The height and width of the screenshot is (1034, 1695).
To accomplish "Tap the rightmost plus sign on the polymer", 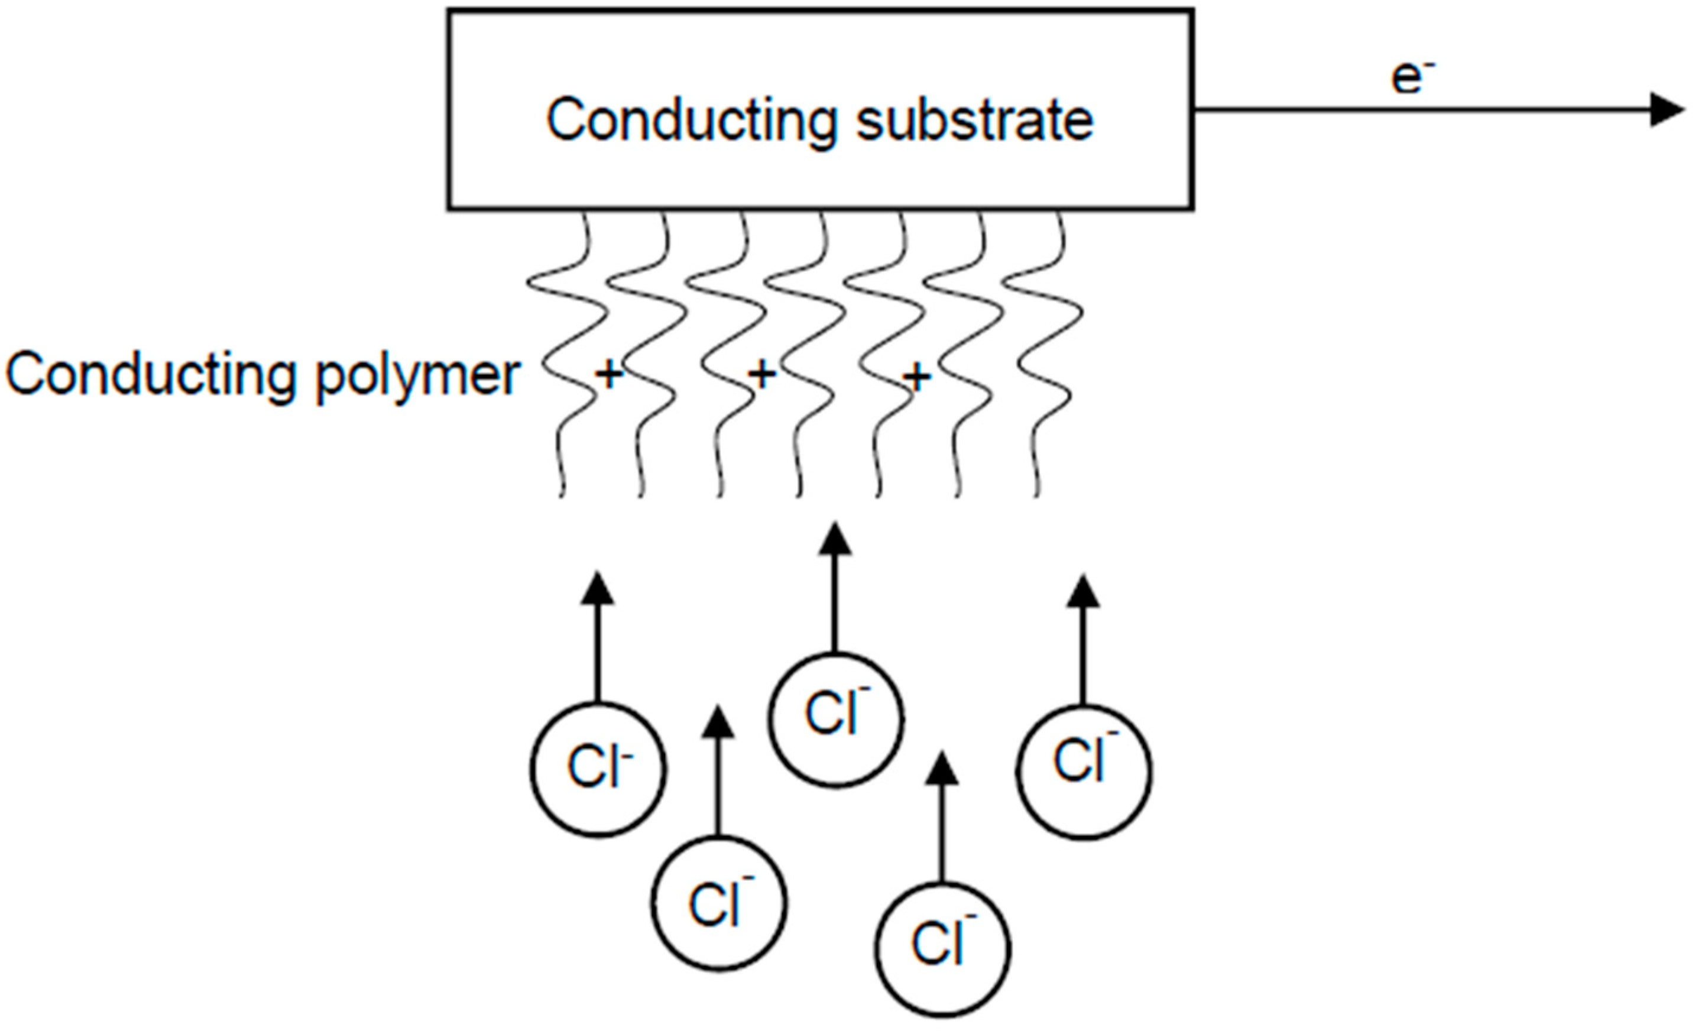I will pyautogui.click(x=916, y=377).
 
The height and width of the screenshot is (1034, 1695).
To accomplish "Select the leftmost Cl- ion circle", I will pyautogui.click(x=598, y=769).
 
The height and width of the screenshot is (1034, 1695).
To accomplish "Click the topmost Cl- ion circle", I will pyautogui.click(x=835, y=718).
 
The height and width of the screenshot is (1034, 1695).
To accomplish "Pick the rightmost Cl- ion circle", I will pyautogui.click(x=1084, y=771).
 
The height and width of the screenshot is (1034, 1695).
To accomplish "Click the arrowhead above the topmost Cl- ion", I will pyautogui.click(x=835, y=540).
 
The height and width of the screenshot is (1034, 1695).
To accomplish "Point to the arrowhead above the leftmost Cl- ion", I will pyautogui.click(x=597, y=589).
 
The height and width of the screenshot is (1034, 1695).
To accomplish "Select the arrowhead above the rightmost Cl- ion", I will pyautogui.click(x=1083, y=592).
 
